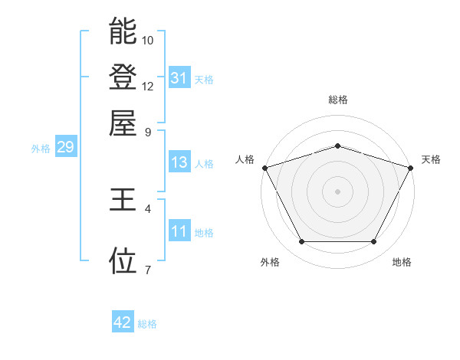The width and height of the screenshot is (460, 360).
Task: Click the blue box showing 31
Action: (x=179, y=78)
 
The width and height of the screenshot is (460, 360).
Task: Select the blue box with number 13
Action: (x=179, y=162)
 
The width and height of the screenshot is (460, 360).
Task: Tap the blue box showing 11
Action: (x=179, y=231)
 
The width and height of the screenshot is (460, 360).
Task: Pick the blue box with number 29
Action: (x=64, y=148)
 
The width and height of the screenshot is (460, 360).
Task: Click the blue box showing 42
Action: (x=123, y=322)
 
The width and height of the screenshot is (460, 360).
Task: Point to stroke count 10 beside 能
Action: (x=148, y=40)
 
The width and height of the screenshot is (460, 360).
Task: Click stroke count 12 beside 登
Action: (x=148, y=86)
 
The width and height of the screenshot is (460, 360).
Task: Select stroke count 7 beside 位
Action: (x=148, y=269)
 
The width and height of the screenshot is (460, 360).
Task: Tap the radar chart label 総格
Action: (x=337, y=100)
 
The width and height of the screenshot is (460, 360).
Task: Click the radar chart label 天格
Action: (x=431, y=159)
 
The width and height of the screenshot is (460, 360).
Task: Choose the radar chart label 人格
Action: (x=245, y=159)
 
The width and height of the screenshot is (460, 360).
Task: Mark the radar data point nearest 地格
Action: (x=374, y=242)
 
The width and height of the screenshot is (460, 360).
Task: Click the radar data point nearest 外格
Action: (x=301, y=242)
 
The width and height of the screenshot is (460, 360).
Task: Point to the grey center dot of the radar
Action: (x=337, y=191)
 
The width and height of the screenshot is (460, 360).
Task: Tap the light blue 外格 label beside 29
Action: (x=41, y=149)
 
